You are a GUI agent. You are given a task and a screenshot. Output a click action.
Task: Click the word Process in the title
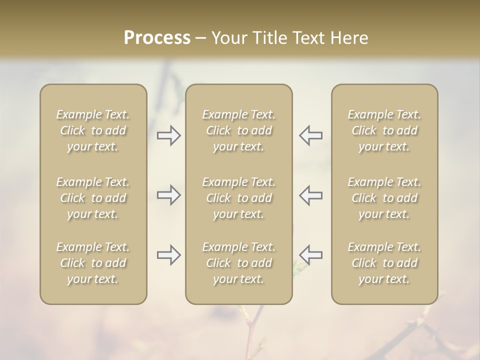pyautogui.click(x=157, y=38)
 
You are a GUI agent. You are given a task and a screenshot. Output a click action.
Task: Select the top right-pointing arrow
pyautogui.click(x=168, y=135)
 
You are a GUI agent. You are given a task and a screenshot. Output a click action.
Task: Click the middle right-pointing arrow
pyautogui.click(x=168, y=195)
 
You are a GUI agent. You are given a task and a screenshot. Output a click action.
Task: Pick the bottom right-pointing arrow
pyautogui.click(x=168, y=255)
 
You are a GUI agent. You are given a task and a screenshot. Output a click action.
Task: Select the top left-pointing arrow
pyautogui.click(x=311, y=135)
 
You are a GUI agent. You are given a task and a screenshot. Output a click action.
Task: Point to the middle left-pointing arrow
pyautogui.click(x=311, y=195)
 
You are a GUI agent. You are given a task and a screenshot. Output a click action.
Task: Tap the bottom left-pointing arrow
pyautogui.click(x=311, y=255)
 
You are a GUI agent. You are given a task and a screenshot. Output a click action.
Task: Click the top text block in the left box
pyautogui.click(x=93, y=130)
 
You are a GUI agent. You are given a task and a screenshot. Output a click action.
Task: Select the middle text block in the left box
pyautogui.click(x=93, y=198)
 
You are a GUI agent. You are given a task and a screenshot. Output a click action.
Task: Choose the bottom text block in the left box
pyautogui.click(x=93, y=263)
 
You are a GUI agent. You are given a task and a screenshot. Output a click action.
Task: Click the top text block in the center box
pyautogui.click(x=239, y=130)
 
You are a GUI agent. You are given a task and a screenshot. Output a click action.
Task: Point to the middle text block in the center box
pyautogui.click(x=239, y=198)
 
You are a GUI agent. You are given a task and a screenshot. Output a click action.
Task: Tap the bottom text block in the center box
pyautogui.click(x=239, y=263)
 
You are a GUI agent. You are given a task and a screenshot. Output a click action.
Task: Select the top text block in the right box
pyautogui.click(x=384, y=130)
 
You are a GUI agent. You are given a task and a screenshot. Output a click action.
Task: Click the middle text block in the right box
pyautogui.click(x=384, y=198)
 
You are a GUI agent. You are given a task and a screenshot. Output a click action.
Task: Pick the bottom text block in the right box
pyautogui.click(x=384, y=263)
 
